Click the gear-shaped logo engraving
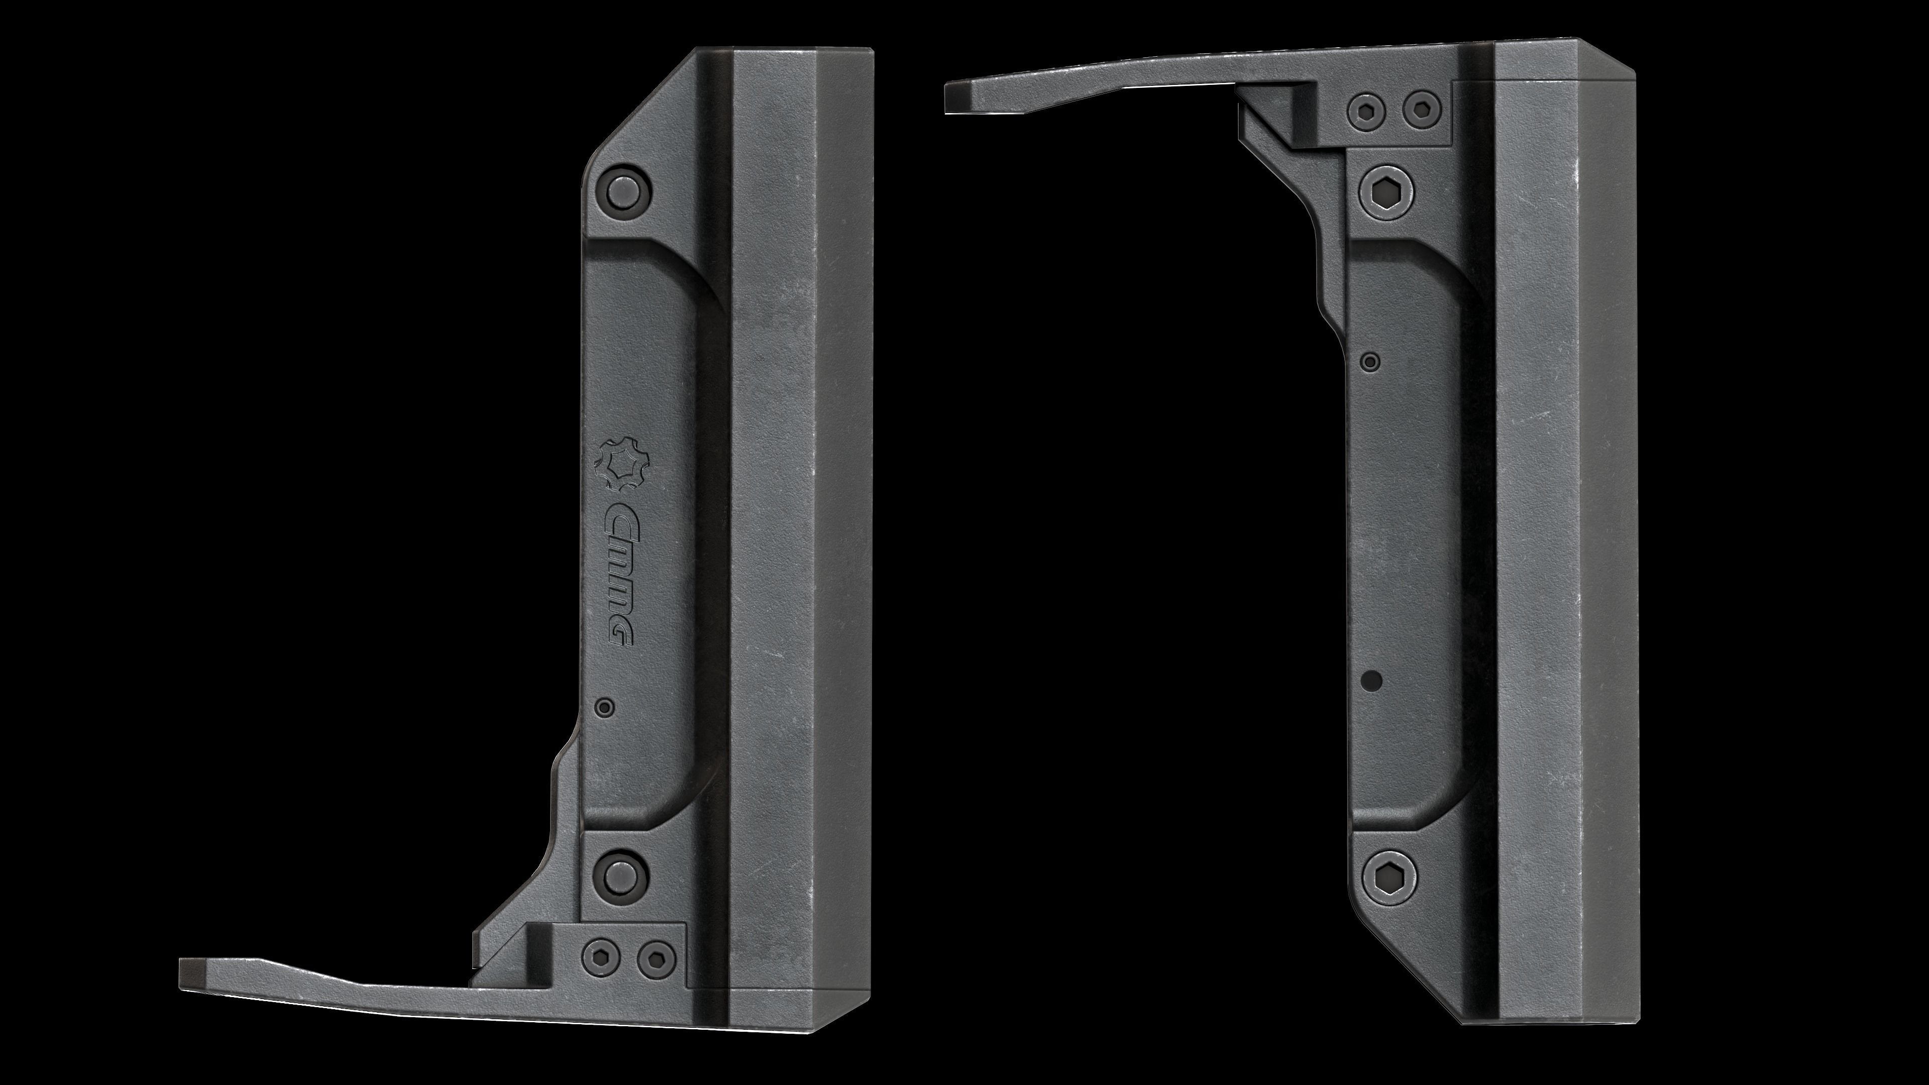click(623, 464)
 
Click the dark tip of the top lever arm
click(956, 98)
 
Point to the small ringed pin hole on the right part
click(1370, 362)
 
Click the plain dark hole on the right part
click(1372, 681)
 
